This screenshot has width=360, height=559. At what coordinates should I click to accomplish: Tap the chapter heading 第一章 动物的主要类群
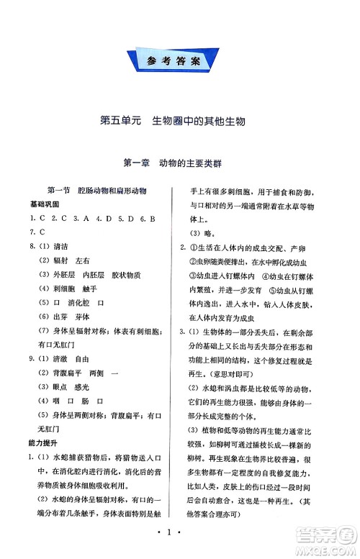pos(180,163)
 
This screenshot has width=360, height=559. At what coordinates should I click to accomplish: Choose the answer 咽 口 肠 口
pos(79,400)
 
